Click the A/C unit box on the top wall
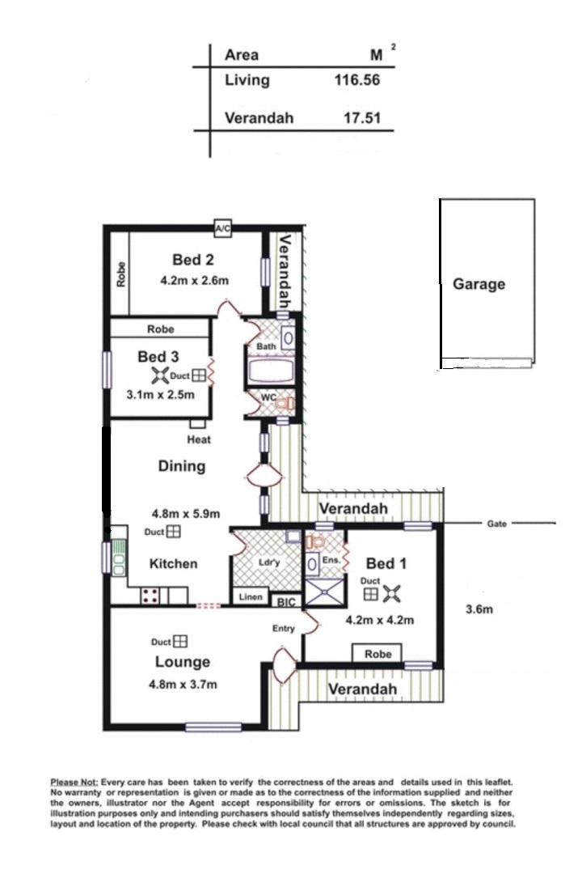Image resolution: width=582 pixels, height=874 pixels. [223, 228]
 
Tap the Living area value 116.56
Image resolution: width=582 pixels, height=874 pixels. [357, 80]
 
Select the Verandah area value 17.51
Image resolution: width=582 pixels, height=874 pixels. [362, 118]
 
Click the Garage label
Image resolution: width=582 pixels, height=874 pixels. [479, 284]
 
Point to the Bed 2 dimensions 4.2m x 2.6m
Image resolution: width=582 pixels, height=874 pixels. [194, 281]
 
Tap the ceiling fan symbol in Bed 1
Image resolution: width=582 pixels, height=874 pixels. [393, 594]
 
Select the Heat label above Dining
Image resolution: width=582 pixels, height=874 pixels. [199, 439]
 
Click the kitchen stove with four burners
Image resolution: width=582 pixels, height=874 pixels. [150, 596]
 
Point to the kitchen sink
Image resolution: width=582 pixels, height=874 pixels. [119, 558]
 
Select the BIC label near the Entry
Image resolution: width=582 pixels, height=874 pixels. [286, 603]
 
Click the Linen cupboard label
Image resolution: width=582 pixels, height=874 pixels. [251, 597]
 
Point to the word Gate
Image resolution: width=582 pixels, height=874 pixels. [497, 524]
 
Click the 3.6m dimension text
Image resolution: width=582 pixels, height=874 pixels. [479, 609]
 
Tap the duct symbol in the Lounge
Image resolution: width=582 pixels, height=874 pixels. [180, 642]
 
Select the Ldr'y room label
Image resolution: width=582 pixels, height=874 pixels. [269, 562]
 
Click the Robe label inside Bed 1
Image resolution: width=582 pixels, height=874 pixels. [378, 654]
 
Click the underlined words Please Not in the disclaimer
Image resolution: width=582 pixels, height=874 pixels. [74, 783]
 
